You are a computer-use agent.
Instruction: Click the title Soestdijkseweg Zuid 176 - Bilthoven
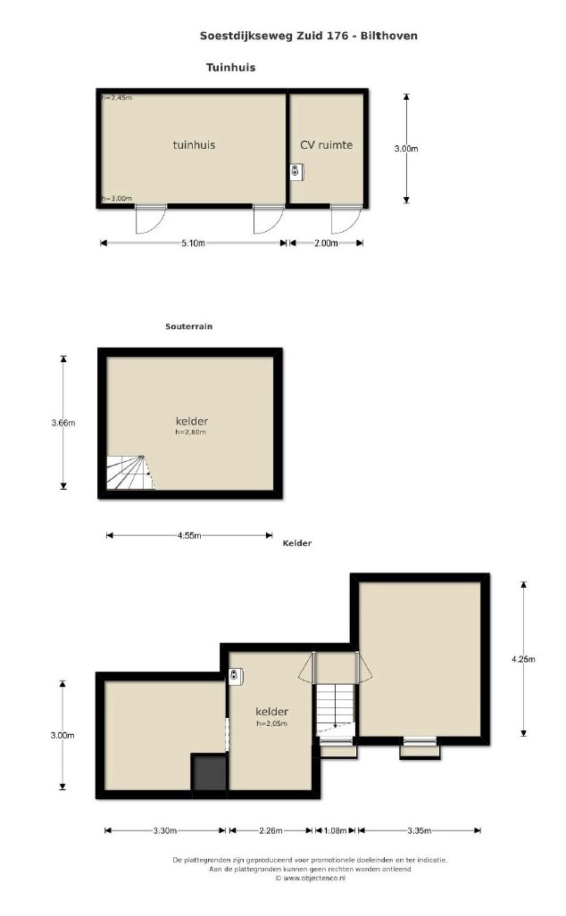tap(309, 36)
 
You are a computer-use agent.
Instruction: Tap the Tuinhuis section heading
tap(231, 67)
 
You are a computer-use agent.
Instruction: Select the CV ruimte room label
tap(326, 144)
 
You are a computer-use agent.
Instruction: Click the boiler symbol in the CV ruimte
tap(297, 171)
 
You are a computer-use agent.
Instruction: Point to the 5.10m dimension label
tap(193, 243)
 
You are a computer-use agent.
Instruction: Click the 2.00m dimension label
tap(326, 243)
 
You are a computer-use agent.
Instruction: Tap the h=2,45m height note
tap(117, 98)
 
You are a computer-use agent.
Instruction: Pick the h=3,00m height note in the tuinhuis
tap(117, 199)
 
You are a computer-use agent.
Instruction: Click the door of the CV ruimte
tap(345, 219)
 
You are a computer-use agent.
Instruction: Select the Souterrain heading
tap(189, 326)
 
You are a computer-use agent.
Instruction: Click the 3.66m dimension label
tap(63, 423)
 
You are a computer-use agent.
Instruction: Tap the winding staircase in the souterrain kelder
tap(130, 473)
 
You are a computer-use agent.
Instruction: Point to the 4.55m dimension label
tap(189, 535)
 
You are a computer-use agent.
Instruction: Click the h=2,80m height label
tap(191, 433)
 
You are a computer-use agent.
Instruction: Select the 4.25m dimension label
tap(523, 659)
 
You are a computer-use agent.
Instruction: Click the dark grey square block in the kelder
tap(209, 772)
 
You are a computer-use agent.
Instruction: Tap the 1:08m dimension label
tap(336, 830)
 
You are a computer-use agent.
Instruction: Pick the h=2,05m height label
tap(272, 723)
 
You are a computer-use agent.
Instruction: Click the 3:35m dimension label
tap(420, 830)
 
